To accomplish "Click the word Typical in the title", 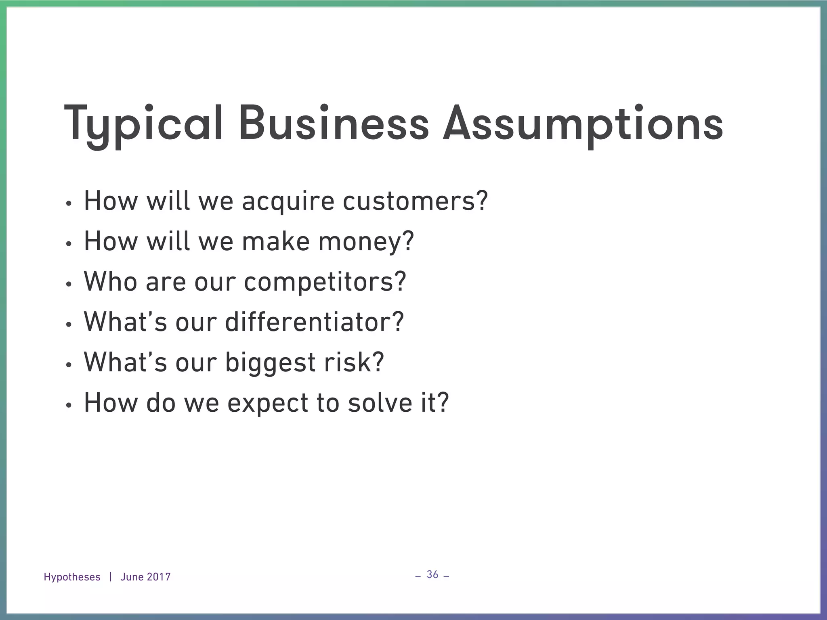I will tap(143, 123).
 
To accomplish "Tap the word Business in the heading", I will tap(333, 123).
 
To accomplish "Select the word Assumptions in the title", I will tap(582, 123).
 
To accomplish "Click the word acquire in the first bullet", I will tap(288, 201).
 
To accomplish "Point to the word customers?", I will tap(415, 201).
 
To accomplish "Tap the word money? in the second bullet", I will tap(366, 242).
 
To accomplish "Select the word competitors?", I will tap(325, 282).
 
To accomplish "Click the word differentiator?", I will tap(314, 322).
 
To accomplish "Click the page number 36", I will tap(432, 574).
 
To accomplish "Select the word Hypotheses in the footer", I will tap(72, 577).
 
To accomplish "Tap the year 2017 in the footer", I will tap(158, 577).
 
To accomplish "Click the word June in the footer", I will tap(132, 577).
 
